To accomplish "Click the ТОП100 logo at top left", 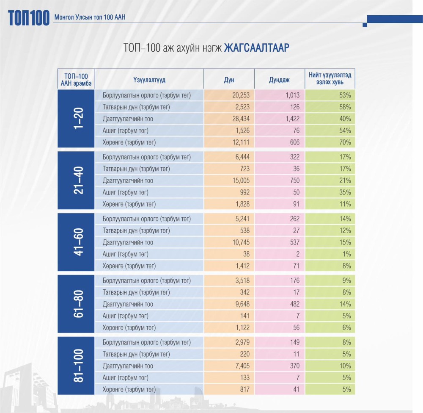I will point(28,18).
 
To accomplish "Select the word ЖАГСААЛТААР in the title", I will point(257,47).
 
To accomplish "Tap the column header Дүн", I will point(229,79).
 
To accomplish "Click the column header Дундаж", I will point(279,79).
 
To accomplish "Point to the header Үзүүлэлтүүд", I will point(149,79).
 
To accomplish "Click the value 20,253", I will point(241,95).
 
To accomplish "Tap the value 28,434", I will point(241,119).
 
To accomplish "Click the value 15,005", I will point(241,181).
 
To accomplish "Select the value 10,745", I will point(241,243).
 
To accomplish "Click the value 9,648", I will point(242,304).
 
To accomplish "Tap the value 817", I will point(244,389).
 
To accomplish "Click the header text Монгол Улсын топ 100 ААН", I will point(90,18).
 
